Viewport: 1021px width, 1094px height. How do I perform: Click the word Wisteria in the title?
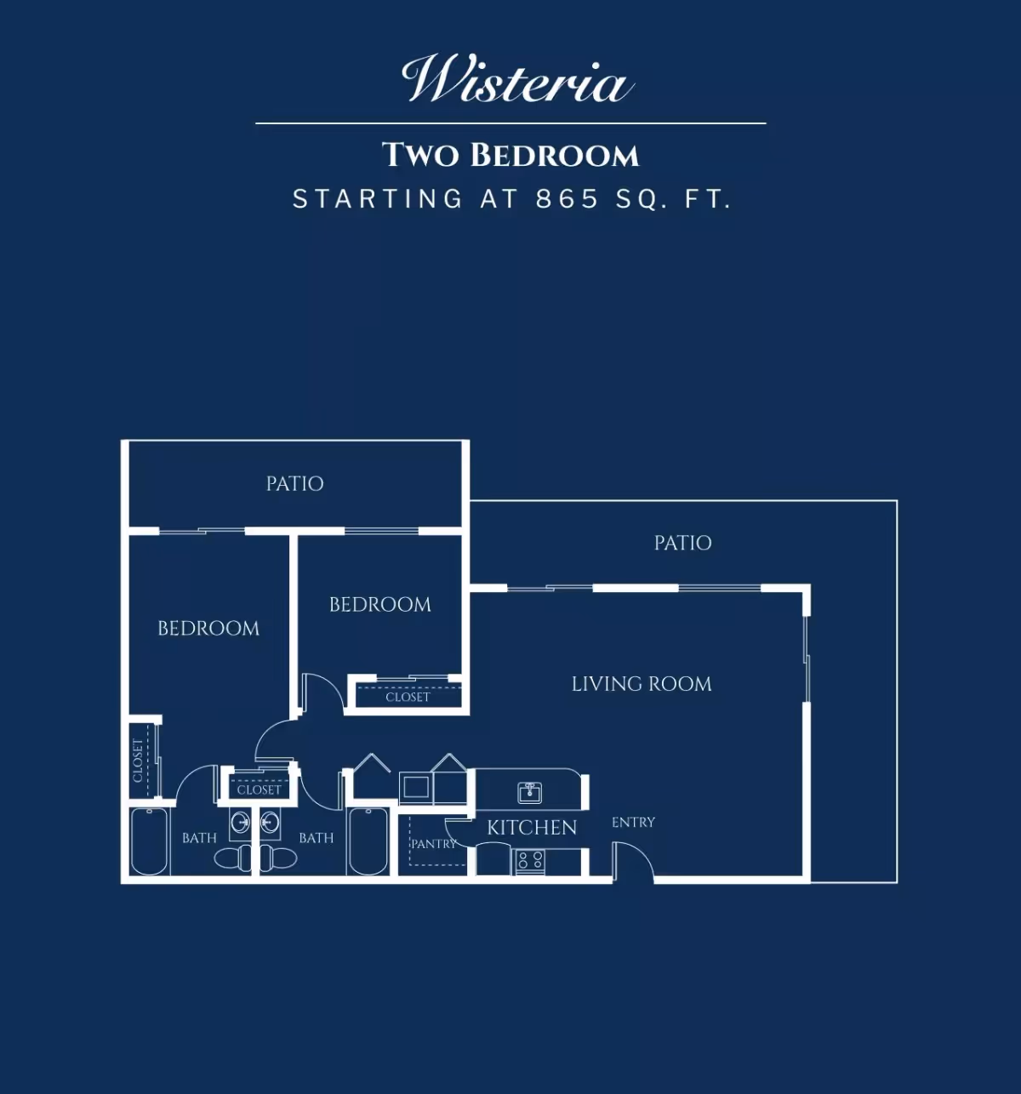pos(516,79)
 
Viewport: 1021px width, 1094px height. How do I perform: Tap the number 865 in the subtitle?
pos(567,198)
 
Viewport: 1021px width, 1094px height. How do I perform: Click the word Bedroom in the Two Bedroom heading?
pos(554,155)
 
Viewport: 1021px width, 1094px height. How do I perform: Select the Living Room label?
pos(642,684)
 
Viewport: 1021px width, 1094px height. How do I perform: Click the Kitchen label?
pos(532,828)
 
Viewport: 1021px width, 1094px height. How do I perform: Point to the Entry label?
pos(633,822)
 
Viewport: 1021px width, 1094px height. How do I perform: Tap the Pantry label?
pos(434,843)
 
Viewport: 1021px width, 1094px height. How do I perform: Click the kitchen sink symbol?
pos(529,793)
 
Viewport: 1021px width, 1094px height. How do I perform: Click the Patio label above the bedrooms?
pos(294,484)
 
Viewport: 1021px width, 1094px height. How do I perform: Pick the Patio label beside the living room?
pos(682,543)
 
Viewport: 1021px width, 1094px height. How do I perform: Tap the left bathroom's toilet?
pos(232,858)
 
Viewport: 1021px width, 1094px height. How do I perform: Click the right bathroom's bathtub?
pos(368,841)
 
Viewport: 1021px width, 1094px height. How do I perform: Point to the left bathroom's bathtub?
pos(149,841)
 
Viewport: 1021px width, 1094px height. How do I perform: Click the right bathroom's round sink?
pos(270,823)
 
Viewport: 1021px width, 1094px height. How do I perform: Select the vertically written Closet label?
pos(138,761)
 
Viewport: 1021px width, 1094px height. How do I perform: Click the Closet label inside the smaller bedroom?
pos(408,697)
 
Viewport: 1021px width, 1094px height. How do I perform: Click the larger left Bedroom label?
pos(208,628)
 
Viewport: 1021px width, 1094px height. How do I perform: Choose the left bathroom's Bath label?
pos(199,838)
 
